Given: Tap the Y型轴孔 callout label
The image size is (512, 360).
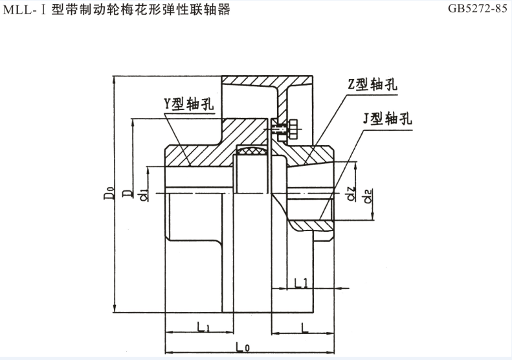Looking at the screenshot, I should click(188, 104).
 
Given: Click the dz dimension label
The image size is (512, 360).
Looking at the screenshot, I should click(350, 194).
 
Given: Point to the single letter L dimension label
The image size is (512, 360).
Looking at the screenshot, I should click(304, 327).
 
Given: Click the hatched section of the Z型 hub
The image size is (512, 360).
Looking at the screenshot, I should click(311, 155).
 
